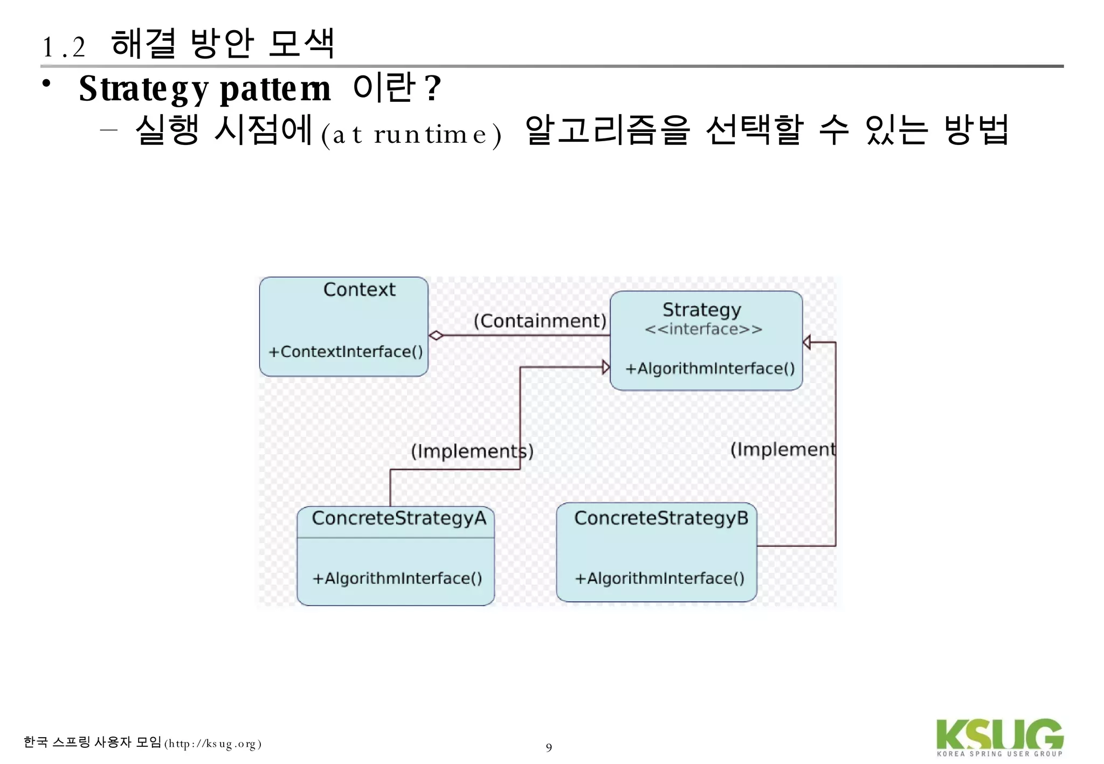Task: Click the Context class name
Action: [x=359, y=290]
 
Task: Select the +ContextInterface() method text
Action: [x=346, y=352]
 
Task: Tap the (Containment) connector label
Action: [x=540, y=321]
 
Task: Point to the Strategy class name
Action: [x=701, y=310]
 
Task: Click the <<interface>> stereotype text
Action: [x=703, y=329]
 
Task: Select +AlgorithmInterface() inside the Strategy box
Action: [x=710, y=369]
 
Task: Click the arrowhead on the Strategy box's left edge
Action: [x=606, y=367]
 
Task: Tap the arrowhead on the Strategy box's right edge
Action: [x=807, y=342]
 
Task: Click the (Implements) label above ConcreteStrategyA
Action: [x=472, y=451]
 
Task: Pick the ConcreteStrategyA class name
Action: [x=399, y=518]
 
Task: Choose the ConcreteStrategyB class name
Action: [x=661, y=518]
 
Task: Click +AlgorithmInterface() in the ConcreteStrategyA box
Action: [x=397, y=579]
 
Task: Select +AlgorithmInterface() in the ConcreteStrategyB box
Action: [x=659, y=579]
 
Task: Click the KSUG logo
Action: [x=999, y=737]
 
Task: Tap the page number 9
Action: [x=549, y=748]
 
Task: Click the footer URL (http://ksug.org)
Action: [x=213, y=744]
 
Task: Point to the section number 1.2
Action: [x=64, y=47]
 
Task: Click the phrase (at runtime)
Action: [x=411, y=134]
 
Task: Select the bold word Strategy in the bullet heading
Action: [x=143, y=89]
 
